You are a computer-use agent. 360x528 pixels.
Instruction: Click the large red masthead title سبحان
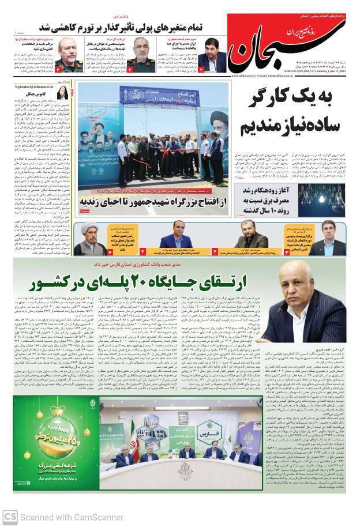tap(271, 51)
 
